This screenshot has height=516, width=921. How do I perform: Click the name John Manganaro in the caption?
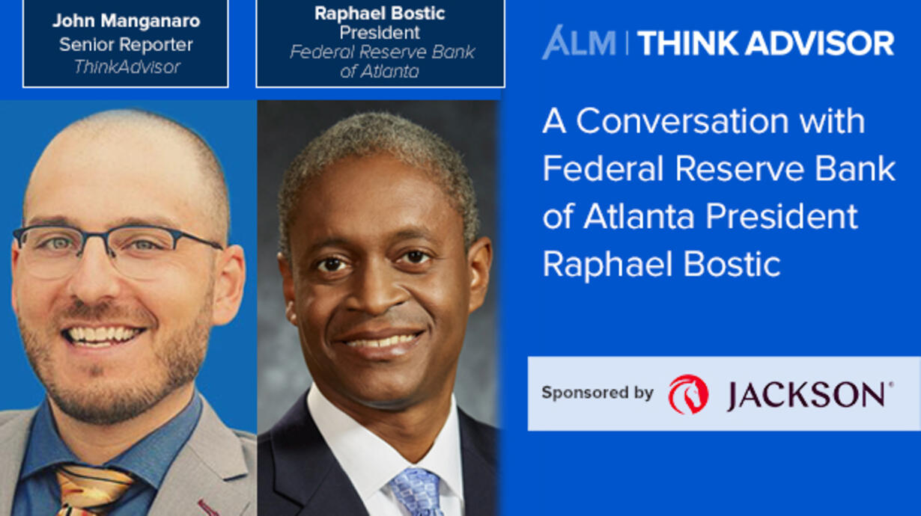pyautogui.click(x=127, y=21)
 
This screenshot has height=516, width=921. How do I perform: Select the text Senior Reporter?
pyautogui.click(x=126, y=44)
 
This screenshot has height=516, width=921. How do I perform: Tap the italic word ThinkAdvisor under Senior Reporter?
pyautogui.click(x=127, y=67)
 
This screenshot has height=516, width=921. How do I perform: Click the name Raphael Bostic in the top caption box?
pyautogui.click(x=380, y=13)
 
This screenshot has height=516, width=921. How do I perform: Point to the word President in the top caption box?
pyautogui.click(x=380, y=32)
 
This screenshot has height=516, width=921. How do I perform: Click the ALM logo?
pyautogui.click(x=579, y=43)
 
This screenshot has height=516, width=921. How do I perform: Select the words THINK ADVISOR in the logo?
pyautogui.click(x=765, y=43)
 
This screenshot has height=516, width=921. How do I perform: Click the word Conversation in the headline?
pyautogui.click(x=682, y=120)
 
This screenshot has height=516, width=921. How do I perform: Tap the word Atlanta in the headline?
pyautogui.click(x=639, y=216)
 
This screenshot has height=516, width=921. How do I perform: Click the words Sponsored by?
pyautogui.click(x=598, y=393)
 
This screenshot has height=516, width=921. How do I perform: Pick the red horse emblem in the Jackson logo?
pyautogui.click(x=688, y=393)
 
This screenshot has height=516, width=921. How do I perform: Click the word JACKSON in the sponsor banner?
pyautogui.click(x=806, y=395)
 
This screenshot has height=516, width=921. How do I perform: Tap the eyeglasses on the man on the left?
pyautogui.click(x=117, y=251)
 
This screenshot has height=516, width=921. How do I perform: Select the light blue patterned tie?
pyautogui.click(x=416, y=493)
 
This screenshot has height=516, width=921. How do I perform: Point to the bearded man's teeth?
pyautogui.click(x=103, y=335)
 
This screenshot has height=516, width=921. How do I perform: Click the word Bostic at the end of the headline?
pyautogui.click(x=732, y=264)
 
